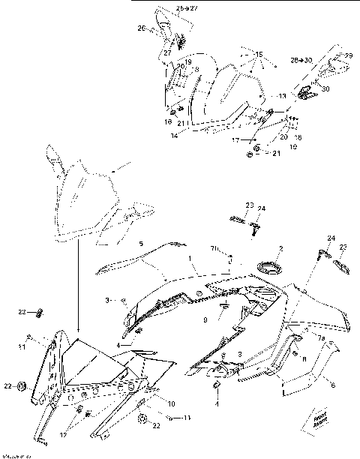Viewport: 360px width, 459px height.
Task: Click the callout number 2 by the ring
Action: click(x=280, y=248)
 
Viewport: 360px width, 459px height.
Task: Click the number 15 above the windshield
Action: click(x=257, y=55)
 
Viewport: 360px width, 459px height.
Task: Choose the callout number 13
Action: click(x=282, y=97)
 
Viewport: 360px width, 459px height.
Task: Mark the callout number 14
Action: click(x=173, y=136)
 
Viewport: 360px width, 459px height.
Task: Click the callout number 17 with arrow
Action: click(x=235, y=139)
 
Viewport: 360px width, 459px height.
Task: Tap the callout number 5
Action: click(x=141, y=244)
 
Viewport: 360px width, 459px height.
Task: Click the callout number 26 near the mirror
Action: click(x=141, y=28)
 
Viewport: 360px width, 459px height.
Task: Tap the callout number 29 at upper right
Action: click(x=347, y=55)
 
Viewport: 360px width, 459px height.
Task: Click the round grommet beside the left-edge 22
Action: click(x=22, y=386)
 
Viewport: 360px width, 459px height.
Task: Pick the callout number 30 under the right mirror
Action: click(x=325, y=88)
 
